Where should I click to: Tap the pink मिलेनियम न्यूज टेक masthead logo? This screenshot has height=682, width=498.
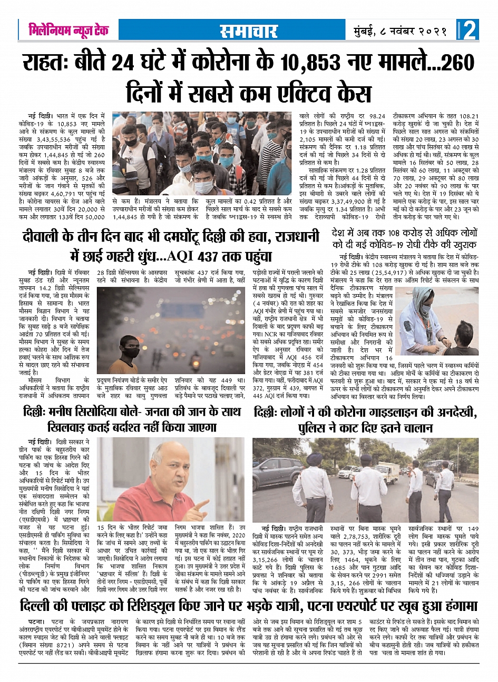coord(69,30)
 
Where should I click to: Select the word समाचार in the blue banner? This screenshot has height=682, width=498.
coord(248,31)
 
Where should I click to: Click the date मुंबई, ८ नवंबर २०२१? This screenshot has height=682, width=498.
coord(401,31)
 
